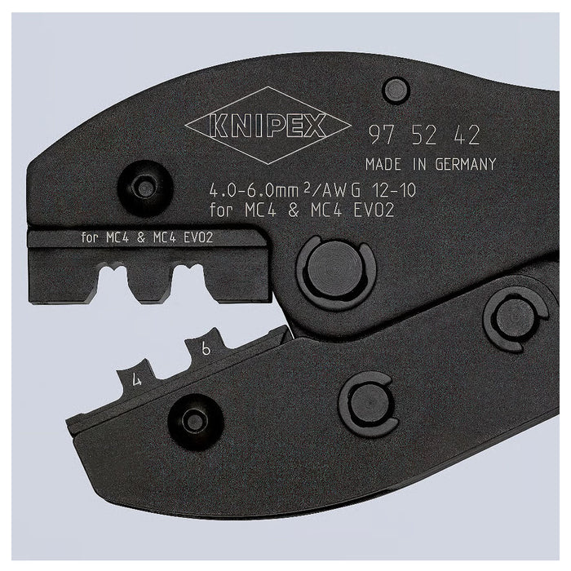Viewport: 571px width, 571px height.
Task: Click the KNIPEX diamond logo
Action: click(256, 126)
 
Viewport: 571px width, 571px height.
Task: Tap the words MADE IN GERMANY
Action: click(430, 163)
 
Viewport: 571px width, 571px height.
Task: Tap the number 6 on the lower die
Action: click(207, 348)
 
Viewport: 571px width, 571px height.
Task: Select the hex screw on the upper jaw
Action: click(144, 188)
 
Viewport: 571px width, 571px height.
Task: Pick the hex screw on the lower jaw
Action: click(194, 420)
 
